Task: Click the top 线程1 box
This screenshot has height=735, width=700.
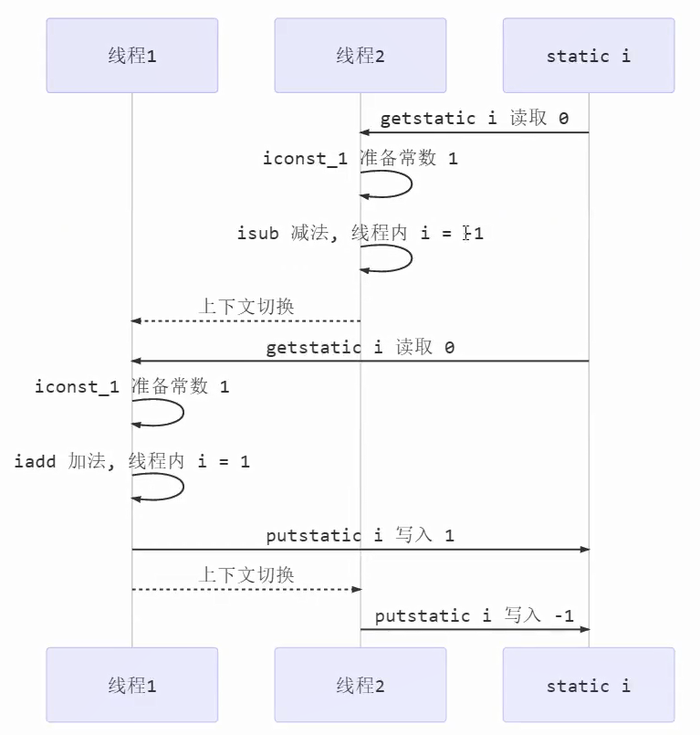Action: tap(132, 56)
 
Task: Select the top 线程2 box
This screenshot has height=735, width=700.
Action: tap(360, 56)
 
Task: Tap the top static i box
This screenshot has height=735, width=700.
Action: tap(589, 56)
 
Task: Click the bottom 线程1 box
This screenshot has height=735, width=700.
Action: tap(132, 686)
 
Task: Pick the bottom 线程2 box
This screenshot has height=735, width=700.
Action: tap(360, 686)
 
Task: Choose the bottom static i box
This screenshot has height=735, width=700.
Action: tap(589, 686)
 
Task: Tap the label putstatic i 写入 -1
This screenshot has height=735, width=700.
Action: tap(474, 615)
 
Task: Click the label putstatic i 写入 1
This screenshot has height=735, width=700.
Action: tap(360, 536)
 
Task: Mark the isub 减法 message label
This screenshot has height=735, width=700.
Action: tap(360, 234)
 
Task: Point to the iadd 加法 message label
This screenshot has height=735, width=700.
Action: tap(131, 462)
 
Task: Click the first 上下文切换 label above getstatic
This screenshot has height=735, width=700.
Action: tap(246, 307)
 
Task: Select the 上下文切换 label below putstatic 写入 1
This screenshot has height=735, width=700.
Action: tap(246, 575)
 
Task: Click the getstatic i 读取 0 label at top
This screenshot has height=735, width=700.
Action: tap(474, 119)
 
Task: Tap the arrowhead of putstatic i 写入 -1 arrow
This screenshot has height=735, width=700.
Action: tap(585, 629)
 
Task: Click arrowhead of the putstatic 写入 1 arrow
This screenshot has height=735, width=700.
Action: tap(585, 550)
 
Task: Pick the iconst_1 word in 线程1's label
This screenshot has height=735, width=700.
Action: tap(78, 387)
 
